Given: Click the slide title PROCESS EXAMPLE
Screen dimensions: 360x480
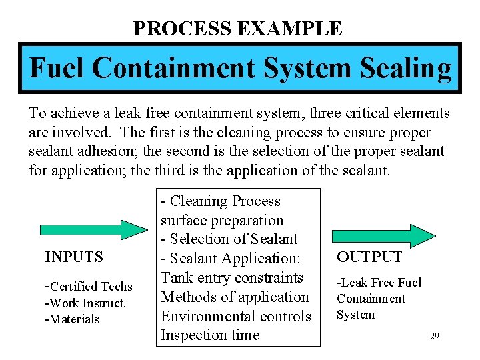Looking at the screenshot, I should click(x=237, y=29).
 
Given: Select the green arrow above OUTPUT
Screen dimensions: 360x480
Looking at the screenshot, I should click(x=384, y=236).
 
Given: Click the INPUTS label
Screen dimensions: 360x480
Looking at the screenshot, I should click(x=74, y=257).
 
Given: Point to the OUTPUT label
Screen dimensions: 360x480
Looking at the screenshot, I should click(x=369, y=257).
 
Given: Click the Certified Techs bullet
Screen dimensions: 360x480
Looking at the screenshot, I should click(x=89, y=287).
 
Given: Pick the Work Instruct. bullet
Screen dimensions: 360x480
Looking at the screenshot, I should click(x=85, y=303).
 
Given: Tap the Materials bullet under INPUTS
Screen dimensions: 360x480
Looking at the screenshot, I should click(x=72, y=319).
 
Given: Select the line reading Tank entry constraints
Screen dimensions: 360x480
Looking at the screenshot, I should click(x=231, y=278).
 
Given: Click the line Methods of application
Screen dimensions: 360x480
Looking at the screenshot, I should click(x=234, y=297).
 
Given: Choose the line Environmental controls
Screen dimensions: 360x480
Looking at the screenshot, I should click(x=235, y=316).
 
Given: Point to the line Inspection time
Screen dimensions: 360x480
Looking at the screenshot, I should click(x=209, y=335).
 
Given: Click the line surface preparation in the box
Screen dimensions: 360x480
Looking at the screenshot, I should click(x=222, y=220).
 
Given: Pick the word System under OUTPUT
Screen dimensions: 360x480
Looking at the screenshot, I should click(x=355, y=315).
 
